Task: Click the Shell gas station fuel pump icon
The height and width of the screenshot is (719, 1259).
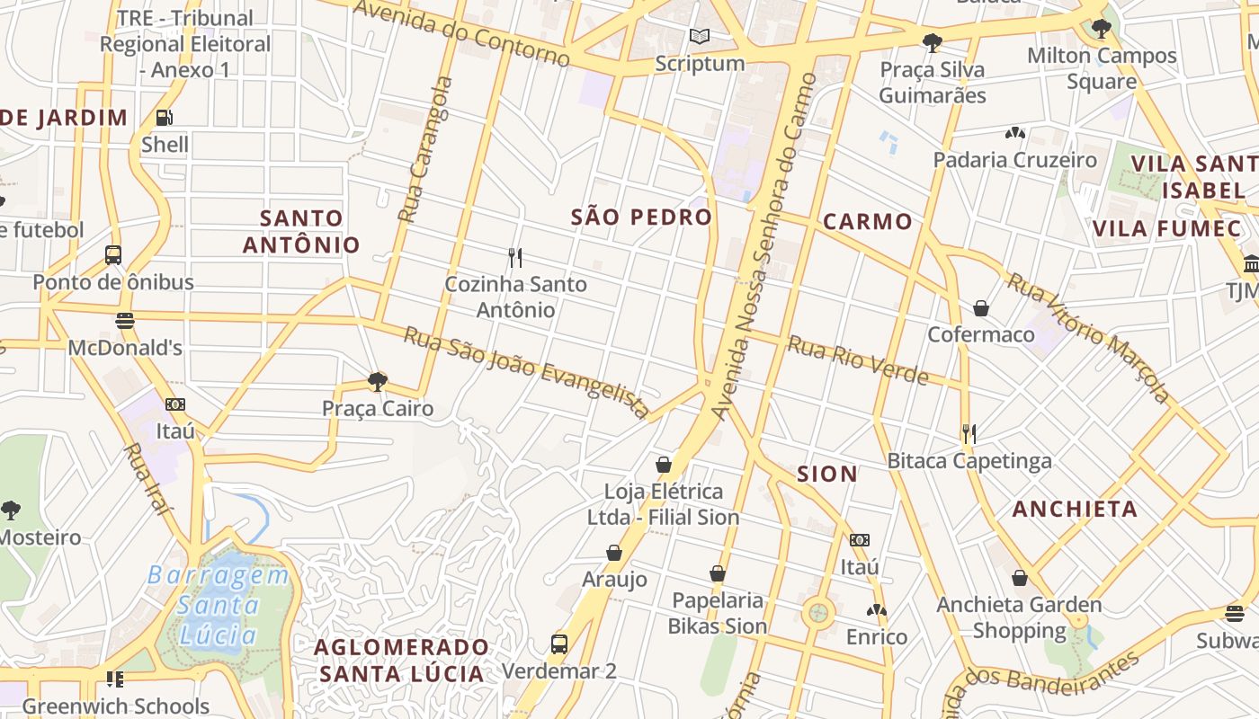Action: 165,118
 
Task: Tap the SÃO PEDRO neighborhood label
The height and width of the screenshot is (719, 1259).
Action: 641,217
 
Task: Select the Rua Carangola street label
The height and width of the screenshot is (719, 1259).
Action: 426,150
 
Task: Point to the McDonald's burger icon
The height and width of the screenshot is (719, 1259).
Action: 125,321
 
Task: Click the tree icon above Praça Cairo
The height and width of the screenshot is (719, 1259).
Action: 378,382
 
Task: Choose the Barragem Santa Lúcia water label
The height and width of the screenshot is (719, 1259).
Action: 219,605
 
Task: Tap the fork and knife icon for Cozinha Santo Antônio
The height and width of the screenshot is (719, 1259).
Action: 515,258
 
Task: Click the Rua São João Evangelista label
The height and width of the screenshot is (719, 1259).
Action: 527,371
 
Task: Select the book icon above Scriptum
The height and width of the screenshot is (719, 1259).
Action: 700,37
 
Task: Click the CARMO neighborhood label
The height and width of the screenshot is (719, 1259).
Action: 868,221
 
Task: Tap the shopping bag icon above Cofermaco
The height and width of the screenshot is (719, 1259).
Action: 981,308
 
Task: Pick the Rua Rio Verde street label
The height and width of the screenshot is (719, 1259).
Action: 858,359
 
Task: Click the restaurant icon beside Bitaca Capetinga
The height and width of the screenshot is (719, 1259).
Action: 969,434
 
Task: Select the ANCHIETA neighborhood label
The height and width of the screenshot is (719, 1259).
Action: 1075,509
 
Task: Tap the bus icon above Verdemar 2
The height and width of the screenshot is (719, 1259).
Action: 559,644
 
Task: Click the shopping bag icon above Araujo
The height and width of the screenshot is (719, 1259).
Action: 614,552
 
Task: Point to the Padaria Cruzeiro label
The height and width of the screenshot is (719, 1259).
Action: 1015,160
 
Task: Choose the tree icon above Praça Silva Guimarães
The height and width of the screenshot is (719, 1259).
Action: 933,42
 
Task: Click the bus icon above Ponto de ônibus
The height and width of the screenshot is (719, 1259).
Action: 113,255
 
